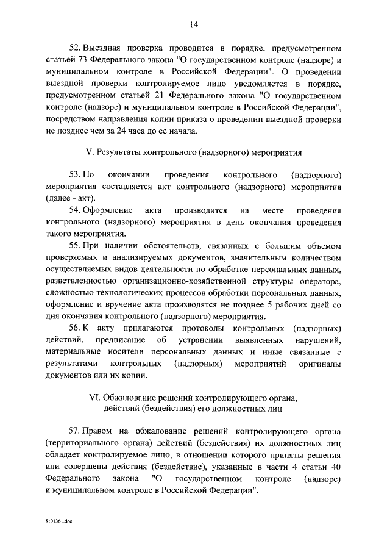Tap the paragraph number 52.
76,48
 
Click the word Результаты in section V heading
133,151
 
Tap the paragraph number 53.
76,174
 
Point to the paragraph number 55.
76,245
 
